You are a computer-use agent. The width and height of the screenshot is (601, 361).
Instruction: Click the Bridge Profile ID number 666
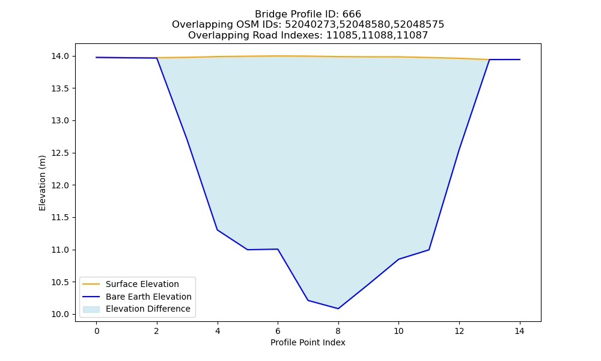352,14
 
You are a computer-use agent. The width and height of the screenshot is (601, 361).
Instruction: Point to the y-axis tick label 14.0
60,57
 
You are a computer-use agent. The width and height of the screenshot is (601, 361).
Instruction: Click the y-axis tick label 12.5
60,153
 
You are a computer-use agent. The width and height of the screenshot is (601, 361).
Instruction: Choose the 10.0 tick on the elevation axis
60,315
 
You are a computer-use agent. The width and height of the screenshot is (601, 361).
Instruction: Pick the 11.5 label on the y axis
60,218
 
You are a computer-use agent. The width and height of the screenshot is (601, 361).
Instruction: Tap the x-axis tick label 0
97,331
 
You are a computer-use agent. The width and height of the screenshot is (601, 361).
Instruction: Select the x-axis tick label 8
338,331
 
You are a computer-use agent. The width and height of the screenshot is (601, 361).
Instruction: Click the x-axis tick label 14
519,331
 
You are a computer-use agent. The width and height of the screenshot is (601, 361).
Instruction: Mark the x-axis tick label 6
278,331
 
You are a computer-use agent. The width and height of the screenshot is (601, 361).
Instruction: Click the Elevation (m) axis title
42,183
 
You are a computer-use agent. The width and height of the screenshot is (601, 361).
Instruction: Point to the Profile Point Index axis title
308,342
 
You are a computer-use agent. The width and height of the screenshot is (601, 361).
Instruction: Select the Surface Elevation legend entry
142,284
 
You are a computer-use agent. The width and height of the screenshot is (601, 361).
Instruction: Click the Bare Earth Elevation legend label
148,297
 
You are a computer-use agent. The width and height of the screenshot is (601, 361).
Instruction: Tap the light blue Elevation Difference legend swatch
91,309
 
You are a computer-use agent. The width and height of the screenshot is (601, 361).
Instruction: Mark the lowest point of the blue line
338,309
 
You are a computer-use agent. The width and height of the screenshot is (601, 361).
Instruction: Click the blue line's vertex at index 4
218,230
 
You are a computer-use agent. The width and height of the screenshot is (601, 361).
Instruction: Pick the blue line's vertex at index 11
429,250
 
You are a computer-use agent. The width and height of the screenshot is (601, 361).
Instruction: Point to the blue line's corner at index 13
489,60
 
